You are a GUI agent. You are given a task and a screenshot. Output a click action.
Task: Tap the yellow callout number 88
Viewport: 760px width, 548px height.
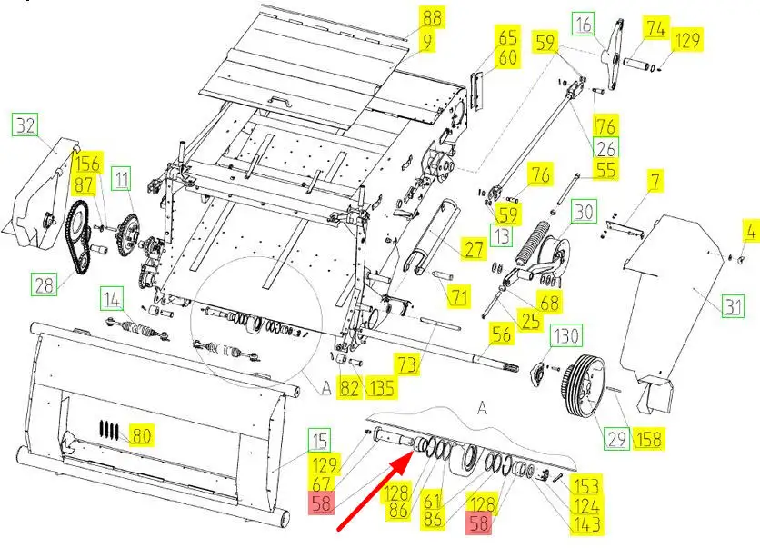[432, 19]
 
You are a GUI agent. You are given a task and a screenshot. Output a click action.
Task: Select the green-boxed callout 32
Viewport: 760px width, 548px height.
[25, 125]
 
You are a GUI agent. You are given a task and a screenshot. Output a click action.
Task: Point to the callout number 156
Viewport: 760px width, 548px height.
[87, 164]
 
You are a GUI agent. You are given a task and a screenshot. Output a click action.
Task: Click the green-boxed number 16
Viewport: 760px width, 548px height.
[585, 25]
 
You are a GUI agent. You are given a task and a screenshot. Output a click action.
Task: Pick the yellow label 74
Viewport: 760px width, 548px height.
[655, 28]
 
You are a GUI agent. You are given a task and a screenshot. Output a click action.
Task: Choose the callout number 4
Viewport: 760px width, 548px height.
[750, 232]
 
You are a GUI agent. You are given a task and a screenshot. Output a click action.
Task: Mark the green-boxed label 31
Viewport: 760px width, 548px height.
[733, 306]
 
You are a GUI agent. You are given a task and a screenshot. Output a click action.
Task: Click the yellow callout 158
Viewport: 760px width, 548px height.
[648, 439]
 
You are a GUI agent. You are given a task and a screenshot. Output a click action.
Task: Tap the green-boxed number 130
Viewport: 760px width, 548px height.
[566, 335]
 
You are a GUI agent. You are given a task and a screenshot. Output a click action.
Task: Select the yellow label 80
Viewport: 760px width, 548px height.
[141, 436]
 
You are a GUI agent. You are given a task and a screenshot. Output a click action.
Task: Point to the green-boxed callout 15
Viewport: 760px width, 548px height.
[319, 441]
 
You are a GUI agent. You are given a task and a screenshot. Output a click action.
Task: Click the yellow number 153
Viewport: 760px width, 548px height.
[586, 486]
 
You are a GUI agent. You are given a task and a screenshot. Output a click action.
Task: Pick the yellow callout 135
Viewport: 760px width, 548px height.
[382, 388]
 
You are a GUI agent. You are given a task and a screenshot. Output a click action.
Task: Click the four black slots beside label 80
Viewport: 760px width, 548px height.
[108, 429]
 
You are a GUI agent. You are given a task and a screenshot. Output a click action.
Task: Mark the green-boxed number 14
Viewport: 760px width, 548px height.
[112, 299]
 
